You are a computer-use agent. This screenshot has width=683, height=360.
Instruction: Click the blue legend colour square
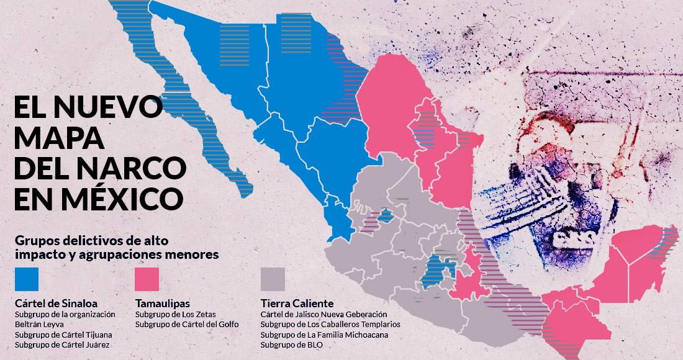[25, 279]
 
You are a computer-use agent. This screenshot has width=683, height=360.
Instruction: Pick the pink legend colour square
[147, 279]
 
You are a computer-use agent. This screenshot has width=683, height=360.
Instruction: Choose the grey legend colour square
[273, 279]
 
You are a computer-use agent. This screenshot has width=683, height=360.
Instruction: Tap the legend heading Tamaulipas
[165, 304]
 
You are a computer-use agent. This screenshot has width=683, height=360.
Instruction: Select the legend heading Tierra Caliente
[297, 304]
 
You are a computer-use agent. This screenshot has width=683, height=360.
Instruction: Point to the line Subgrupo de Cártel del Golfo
[186, 325]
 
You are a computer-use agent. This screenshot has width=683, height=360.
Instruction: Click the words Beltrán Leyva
[39, 325]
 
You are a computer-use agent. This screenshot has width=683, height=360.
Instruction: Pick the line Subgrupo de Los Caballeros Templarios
[330, 325]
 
